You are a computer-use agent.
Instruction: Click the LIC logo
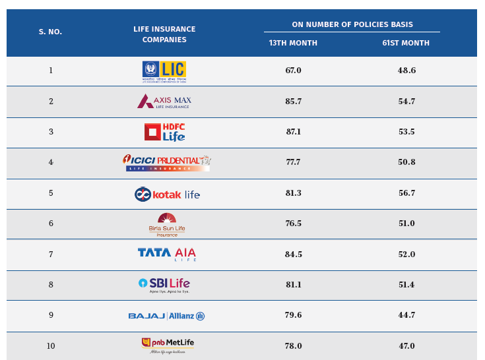click(x=164, y=71)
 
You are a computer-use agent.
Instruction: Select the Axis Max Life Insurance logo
click(x=164, y=102)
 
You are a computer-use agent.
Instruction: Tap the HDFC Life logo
click(x=164, y=132)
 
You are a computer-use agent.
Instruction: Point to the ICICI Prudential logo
click(x=167, y=162)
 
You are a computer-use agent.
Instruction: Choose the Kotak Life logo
click(x=167, y=194)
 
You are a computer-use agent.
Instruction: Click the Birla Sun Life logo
click(x=167, y=225)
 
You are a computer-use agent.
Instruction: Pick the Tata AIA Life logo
click(x=167, y=254)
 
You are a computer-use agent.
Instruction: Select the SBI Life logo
click(x=164, y=285)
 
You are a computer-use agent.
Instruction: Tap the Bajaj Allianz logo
click(x=166, y=316)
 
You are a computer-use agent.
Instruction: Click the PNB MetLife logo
click(x=168, y=345)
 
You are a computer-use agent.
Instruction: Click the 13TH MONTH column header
click(x=293, y=44)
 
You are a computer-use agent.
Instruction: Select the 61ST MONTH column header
click(x=406, y=44)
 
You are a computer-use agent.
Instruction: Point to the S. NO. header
click(x=50, y=32)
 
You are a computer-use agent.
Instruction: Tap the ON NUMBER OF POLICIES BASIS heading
click(x=352, y=25)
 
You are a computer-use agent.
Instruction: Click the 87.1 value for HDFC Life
click(x=294, y=132)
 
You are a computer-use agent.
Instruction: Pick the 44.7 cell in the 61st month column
click(x=406, y=315)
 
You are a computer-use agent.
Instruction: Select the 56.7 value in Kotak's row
click(x=406, y=193)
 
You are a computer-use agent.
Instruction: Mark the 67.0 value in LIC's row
click(x=294, y=71)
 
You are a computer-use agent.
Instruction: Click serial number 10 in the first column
click(x=51, y=346)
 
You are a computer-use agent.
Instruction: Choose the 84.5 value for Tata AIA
click(x=294, y=255)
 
